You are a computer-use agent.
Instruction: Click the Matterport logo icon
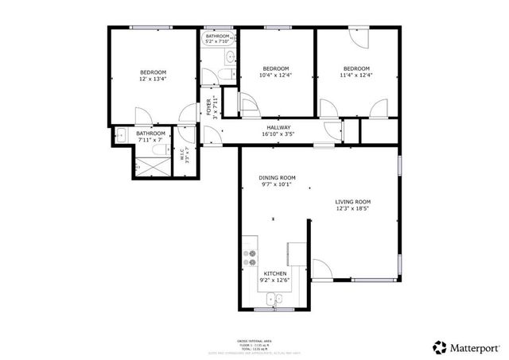click(439, 346)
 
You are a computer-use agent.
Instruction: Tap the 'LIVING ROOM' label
click(352, 202)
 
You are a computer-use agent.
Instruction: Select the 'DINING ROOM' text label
click(278, 177)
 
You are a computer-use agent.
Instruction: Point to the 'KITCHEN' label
click(275, 272)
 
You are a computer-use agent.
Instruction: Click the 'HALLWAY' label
click(278, 127)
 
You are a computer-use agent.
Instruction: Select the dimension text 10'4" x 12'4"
click(276, 75)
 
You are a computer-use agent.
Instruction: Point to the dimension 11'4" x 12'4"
click(356, 75)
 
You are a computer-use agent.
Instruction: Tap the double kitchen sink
click(274, 300)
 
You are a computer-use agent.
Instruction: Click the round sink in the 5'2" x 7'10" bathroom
click(229, 56)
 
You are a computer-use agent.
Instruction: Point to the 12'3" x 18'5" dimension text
click(352, 211)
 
